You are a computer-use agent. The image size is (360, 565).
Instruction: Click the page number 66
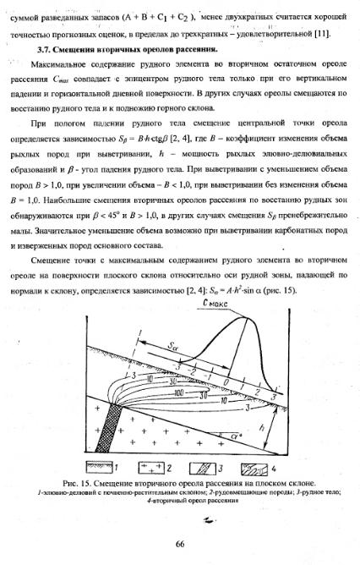(179, 543)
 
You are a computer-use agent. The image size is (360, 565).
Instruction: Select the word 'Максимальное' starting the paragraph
(58, 65)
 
